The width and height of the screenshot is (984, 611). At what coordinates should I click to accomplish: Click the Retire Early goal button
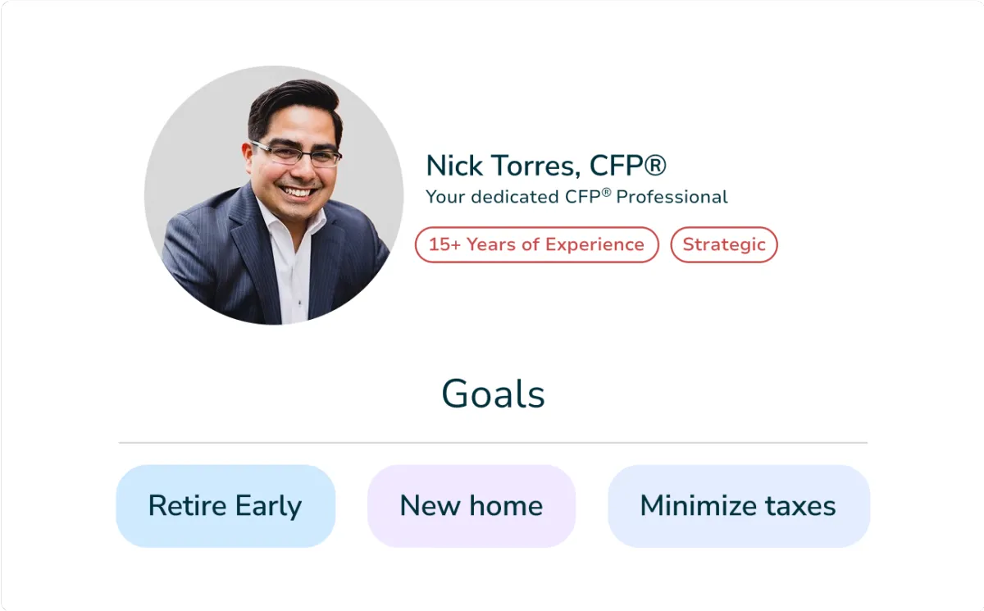pos(225,506)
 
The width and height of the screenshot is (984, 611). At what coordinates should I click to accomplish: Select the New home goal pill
pos(471,506)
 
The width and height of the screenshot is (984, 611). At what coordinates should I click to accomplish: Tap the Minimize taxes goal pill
pos(739,506)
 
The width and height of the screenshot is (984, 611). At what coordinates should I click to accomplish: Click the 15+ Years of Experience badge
pos(536,244)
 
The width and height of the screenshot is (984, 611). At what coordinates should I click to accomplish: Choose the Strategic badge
pos(724,244)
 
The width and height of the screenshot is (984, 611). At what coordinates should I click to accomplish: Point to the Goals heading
pos(493,394)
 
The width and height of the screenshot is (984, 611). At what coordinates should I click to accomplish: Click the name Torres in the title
pos(535,166)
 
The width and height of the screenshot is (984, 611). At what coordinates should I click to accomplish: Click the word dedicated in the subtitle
pos(514,196)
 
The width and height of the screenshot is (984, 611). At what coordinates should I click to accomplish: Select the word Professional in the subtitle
pos(672,196)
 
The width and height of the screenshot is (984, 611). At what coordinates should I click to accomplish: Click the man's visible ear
pos(248,157)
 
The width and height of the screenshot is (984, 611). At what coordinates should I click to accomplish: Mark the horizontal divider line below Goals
pos(493,443)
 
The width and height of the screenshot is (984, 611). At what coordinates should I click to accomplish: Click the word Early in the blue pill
pos(268,506)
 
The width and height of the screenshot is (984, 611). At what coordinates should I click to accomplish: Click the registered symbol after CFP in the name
pos(655,165)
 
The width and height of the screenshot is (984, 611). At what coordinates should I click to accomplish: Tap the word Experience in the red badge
pos(594,244)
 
